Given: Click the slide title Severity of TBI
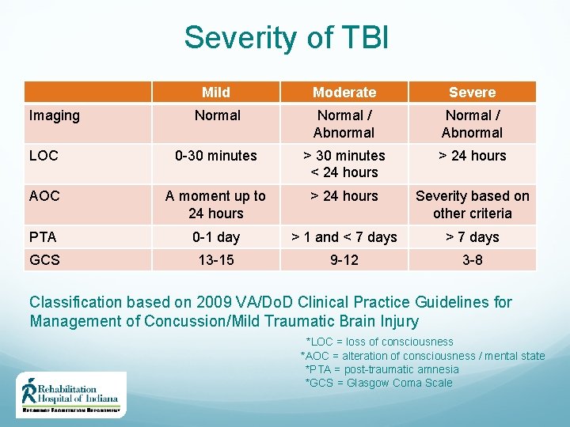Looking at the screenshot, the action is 286,37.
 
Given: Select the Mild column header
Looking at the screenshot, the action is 216,93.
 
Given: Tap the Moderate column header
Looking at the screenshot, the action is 344,93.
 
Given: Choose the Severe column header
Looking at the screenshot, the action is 472,93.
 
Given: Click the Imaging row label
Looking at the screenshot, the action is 55,115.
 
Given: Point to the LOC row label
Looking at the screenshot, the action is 44,156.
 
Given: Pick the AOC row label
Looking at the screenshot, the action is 44,196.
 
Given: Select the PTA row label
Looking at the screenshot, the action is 43,236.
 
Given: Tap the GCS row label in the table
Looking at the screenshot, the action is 44,259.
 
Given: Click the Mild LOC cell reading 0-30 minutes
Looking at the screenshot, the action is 216,156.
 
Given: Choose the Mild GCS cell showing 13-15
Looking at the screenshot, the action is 216,259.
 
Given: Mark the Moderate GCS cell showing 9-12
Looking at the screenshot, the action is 344,259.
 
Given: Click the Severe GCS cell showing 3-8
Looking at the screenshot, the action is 472,259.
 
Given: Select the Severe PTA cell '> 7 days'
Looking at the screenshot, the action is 472,236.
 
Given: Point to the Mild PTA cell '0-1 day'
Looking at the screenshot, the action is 216,236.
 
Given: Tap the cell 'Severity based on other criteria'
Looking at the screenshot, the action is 472,205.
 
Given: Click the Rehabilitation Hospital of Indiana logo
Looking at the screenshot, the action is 71,395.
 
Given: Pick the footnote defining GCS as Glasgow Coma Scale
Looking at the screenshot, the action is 378,383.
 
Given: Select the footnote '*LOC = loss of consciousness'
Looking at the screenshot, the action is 379,342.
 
